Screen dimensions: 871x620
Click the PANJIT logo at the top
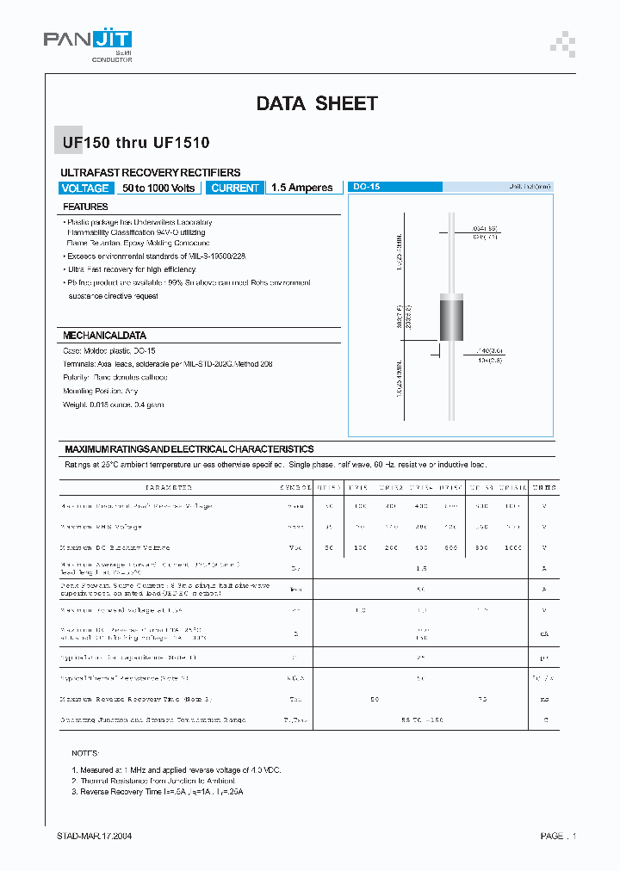[x=88, y=40]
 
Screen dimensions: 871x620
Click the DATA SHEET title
[x=317, y=104]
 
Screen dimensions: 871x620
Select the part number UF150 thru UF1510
[x=135, y=143]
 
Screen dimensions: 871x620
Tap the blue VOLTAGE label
[x=85, y=188]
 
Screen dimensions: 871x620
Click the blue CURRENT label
[x=235, y=188]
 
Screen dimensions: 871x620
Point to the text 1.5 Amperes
[x=301, y=188]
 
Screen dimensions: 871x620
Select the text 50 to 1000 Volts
[x=158, y=188]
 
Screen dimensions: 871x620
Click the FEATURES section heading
[x=85, y=207]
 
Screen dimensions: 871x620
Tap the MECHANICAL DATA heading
[x=104, y=335]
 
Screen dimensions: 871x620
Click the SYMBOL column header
[x=295, y=487]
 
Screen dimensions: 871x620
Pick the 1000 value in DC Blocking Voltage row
[x=512, y=547]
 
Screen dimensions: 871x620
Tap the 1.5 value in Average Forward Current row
[x=421, y=568]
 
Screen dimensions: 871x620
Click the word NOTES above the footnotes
[x=85, y=752]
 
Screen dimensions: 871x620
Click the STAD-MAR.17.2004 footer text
[x=95, y=836]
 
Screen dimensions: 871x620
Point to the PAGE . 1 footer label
[x=558, y=836]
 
